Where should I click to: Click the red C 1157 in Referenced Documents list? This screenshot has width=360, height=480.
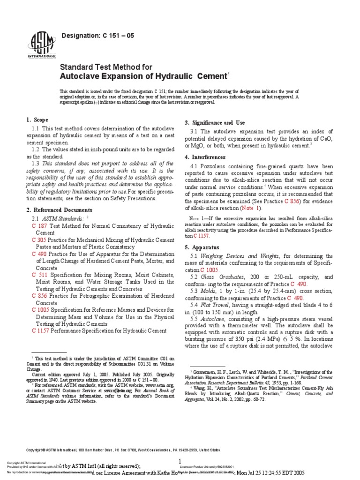pyautogui.click(x=42, y=330)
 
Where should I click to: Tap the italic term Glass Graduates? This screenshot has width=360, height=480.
pyautogui.click(x=224, y=277)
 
